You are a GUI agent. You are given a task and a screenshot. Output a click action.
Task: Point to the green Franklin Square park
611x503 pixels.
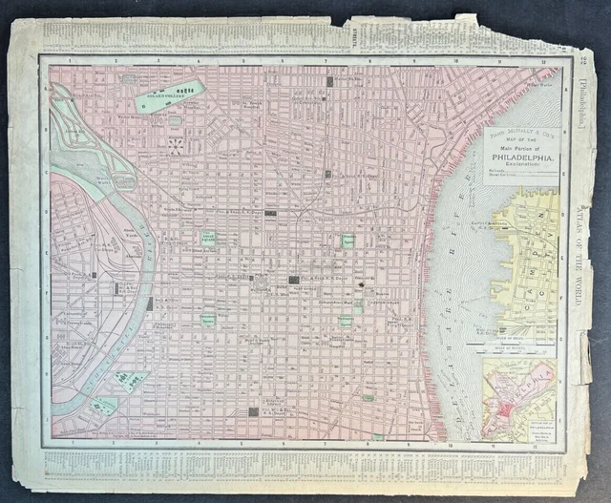(348, 241)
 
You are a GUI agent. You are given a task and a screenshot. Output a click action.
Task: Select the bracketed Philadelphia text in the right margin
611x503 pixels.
(583, 105)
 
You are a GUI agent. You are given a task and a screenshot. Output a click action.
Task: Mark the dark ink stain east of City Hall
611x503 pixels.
(363, 283)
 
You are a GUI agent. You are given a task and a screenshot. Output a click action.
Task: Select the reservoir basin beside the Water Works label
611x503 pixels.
(124, 179)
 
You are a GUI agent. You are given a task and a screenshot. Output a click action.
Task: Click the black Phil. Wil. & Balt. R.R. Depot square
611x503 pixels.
(253, 411)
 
